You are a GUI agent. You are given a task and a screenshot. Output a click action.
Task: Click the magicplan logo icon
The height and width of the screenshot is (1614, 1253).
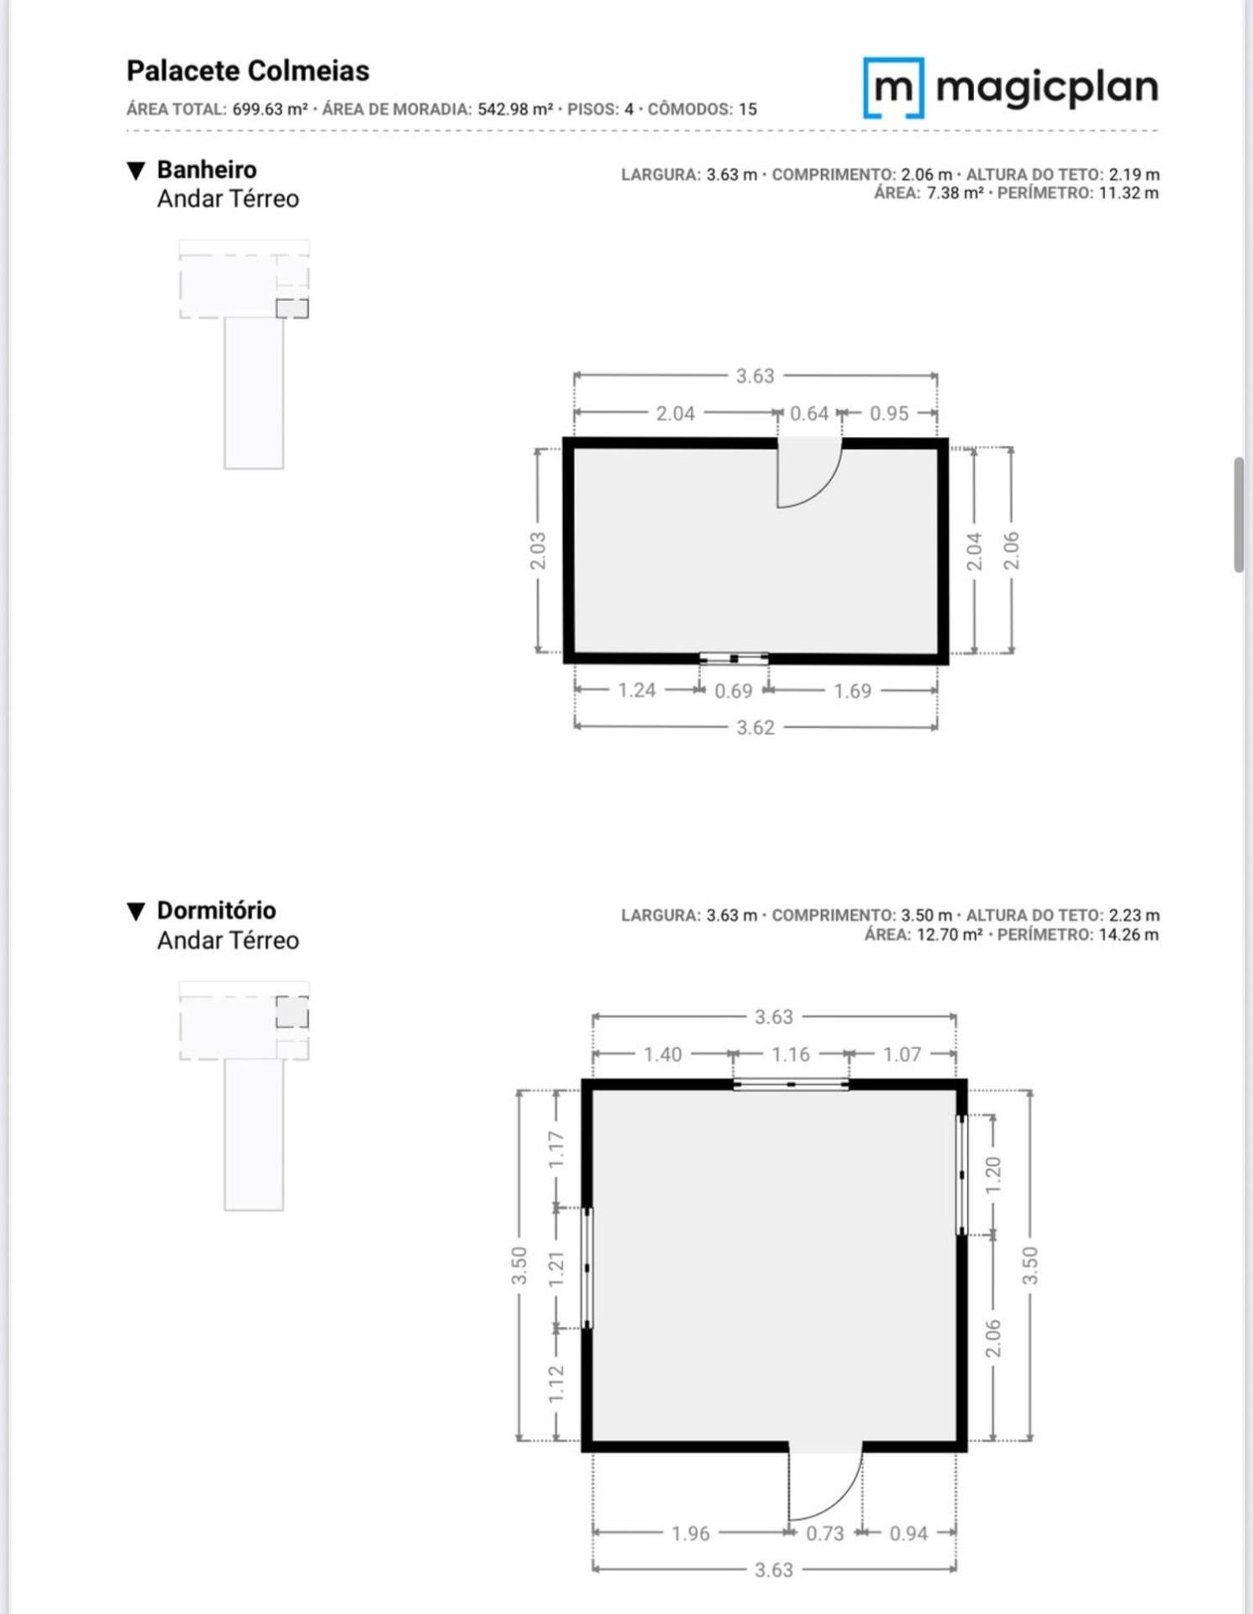[893, 87]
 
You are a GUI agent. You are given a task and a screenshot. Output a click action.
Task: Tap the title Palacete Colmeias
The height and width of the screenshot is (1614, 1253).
[248, 71]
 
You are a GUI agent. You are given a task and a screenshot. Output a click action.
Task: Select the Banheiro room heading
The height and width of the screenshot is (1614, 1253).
[207, 169]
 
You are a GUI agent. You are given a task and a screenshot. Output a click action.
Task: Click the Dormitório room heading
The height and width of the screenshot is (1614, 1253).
[216, 910]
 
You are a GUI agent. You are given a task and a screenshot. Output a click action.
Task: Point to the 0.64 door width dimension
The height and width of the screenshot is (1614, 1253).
[809, 414]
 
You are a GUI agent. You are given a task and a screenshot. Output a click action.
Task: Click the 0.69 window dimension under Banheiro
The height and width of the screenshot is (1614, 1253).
[734, 691]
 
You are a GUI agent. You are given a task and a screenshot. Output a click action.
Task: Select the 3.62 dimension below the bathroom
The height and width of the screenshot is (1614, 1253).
[755, 727]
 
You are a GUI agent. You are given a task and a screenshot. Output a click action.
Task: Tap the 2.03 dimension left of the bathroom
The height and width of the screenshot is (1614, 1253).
[538, 551]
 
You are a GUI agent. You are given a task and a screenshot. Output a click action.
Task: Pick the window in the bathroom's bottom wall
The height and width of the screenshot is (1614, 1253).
[734, 659]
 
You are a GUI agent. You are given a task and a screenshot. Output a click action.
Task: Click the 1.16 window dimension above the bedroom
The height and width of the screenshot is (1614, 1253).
[791, 1054]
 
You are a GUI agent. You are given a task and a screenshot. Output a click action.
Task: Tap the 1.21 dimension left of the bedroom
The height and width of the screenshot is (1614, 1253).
[555, 1269]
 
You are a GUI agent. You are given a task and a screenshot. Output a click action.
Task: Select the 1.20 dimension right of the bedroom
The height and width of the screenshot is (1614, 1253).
[993, 1175]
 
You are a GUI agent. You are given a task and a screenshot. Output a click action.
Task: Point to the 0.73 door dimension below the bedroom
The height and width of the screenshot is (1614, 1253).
[824, 1533]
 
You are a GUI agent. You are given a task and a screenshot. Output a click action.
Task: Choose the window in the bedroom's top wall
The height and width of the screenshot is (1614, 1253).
[791, 1085]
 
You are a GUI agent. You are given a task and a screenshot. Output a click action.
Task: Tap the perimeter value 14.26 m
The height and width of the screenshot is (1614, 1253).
[1129, 935]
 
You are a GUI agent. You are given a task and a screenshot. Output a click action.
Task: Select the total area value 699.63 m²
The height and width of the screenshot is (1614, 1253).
[270, 109]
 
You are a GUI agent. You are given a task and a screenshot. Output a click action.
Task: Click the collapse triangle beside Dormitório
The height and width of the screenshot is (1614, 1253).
[136, 911]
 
